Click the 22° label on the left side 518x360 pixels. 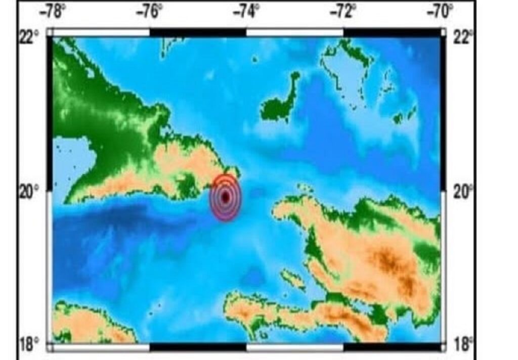29,37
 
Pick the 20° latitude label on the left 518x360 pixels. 29,193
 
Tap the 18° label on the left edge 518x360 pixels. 29,346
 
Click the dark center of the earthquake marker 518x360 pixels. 226,197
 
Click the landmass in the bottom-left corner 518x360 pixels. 86,324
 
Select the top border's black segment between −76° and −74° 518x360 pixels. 198,32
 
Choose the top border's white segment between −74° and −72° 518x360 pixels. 294,32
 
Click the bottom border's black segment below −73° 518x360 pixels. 294,347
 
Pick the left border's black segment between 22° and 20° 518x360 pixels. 50,114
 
